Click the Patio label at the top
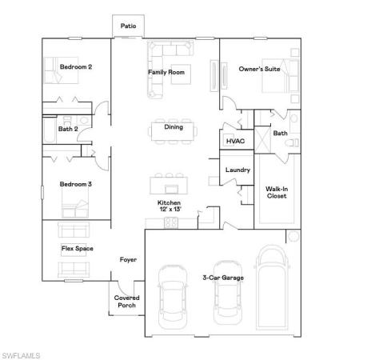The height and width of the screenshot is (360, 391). point(128,26)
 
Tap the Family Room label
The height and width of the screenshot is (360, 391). point(166,72)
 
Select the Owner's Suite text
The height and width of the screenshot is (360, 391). point(260,70)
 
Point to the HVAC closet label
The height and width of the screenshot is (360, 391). point(235,141)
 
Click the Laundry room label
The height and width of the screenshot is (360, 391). point(237,170)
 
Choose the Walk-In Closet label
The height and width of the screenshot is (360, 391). point(277,192)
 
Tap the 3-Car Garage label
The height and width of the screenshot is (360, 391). point(223,278)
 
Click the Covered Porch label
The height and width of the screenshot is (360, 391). point(126,301)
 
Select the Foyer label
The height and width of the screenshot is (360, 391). point(128,259)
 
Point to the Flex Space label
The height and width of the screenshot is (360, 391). point(77,249)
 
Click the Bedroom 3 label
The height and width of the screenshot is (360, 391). point(76,185)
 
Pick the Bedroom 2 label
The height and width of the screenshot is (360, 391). point(76,67)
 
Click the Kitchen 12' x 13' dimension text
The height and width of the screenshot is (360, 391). point(168,206)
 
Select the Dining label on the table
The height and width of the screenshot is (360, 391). point(174,126)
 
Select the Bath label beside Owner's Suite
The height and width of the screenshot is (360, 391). point(280,134)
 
